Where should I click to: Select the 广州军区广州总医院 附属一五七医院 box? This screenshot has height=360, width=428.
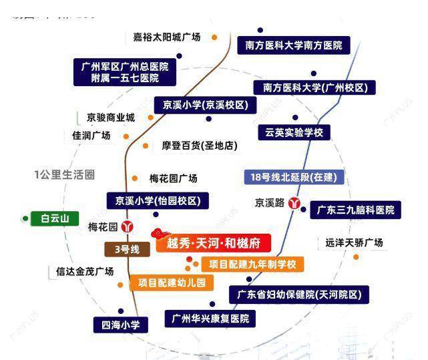coord(125,72)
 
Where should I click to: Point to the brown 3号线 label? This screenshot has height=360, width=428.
coord(127,249)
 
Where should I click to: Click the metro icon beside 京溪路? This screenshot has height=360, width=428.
coord(294,203)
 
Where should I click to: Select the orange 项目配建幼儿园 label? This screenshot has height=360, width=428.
coord(172,283)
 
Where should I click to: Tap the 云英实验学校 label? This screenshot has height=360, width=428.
coord(294,132)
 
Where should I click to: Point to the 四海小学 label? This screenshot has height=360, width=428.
coord(120,325)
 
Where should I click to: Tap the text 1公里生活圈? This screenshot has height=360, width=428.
coord(64,175)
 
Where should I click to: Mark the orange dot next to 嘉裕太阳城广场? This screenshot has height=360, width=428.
coord(214,37)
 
